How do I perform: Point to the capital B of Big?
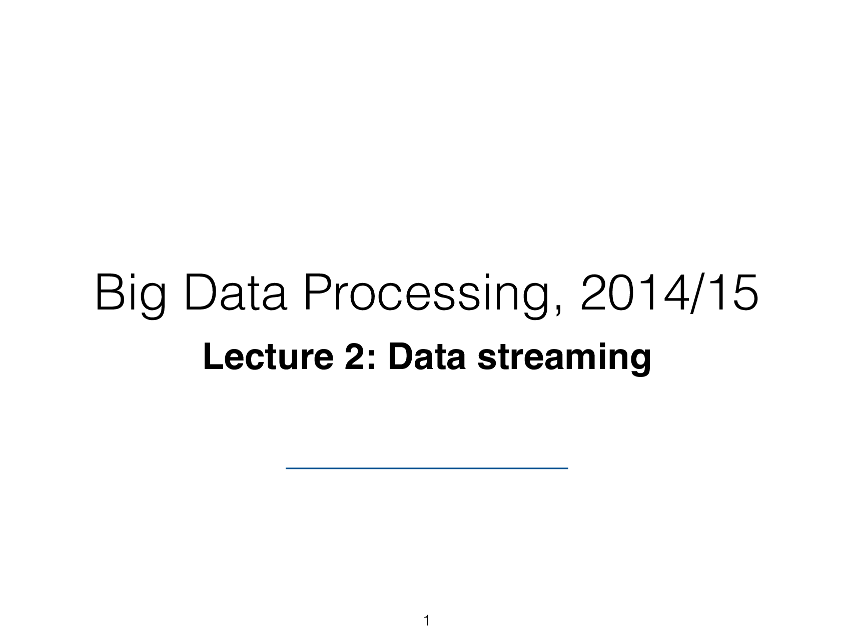coord(106,294)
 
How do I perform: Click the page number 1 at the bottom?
coord(426,621)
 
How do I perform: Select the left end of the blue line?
coord(287,468)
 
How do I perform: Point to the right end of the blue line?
coord(567,468)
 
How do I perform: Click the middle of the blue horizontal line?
coord(427,468)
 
